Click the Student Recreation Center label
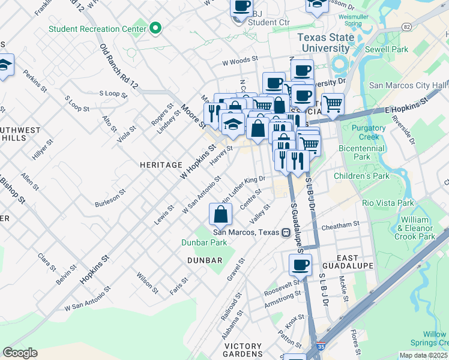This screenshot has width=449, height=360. point(97,28)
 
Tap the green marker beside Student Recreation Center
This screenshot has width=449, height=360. point(156,28)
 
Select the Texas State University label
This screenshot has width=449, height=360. point(327,43)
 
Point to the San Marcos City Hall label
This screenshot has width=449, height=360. point(408,86)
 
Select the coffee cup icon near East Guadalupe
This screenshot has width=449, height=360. point(300,263)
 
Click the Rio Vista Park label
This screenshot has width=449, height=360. point(388,203)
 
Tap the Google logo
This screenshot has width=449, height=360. point(20,353)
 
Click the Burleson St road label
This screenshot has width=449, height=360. point(110,199)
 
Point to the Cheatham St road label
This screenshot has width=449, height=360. point(340,224)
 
